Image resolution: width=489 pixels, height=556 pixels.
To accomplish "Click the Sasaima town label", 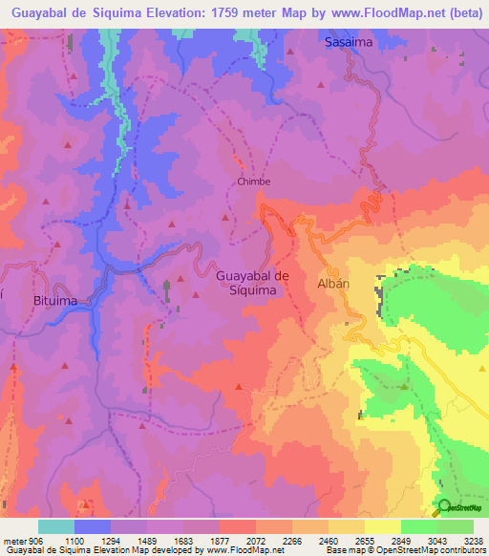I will (348, 43).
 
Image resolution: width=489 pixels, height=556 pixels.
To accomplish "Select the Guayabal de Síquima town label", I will (253, 283).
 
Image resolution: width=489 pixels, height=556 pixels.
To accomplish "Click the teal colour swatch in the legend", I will (56, 526).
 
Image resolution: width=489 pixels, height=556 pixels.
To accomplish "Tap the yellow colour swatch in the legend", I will (382, 526).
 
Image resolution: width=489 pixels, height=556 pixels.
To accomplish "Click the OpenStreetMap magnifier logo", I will (444, 507).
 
